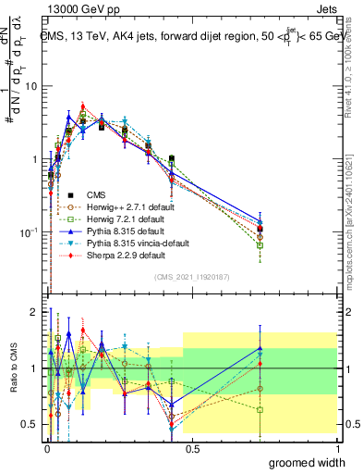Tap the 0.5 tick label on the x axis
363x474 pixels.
[x=190, y=447]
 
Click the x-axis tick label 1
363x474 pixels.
[x=334, y=447]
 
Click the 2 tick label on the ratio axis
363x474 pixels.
[x=34, y=312]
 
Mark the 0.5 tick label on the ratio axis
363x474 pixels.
[x=30, y=425]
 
